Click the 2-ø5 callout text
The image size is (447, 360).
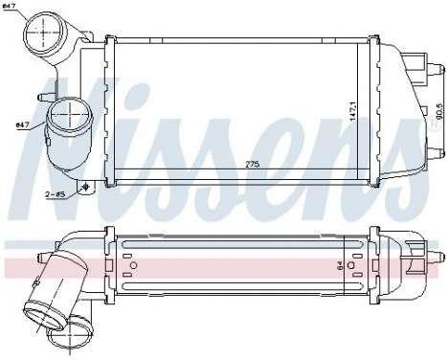(x=56, y=194)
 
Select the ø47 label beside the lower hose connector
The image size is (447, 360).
(x=23, y=124)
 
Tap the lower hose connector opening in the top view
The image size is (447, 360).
(x=69, y=123)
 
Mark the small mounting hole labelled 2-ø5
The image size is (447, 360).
(x=86, y=188)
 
